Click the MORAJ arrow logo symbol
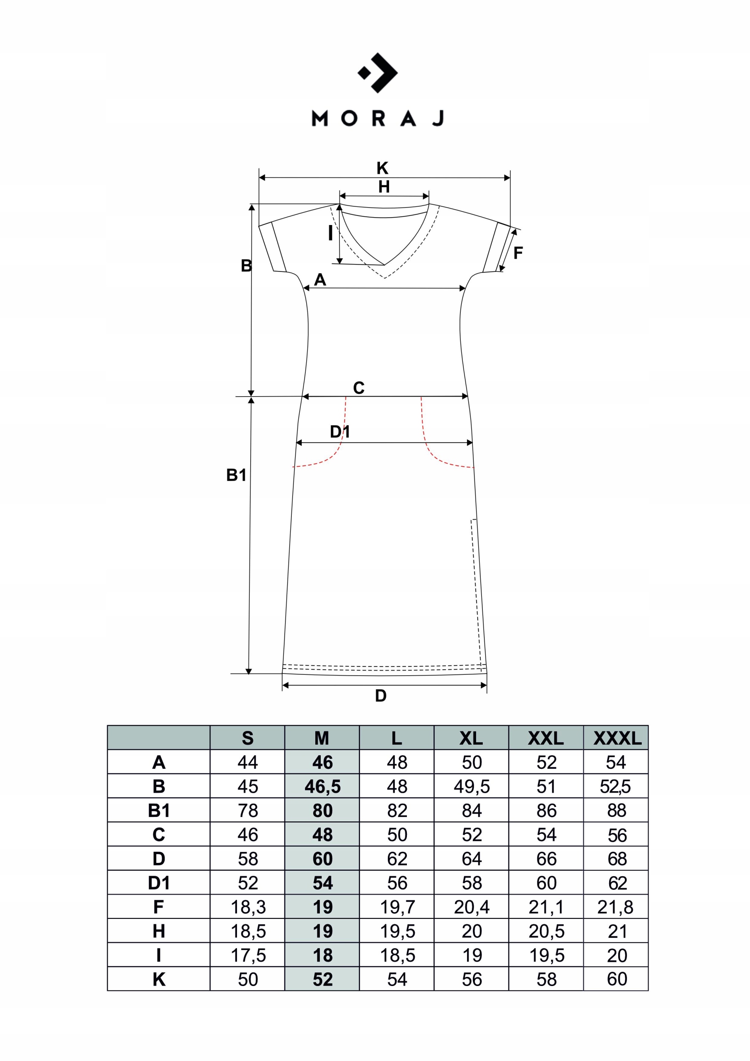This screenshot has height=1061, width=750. click(377, 73)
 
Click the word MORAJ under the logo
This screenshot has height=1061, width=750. click(377, 119)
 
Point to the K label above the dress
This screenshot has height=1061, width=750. click(382, 168)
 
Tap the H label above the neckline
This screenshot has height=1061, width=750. click(384, 187)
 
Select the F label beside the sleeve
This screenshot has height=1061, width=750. click(518, 253)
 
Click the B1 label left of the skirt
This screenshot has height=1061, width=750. click(236, 475)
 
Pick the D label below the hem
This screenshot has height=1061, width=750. click(380, 695)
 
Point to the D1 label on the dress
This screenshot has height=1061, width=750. click(340, 431)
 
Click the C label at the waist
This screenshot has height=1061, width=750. click(358, 388)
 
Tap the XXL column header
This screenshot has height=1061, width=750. click(546, 739)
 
